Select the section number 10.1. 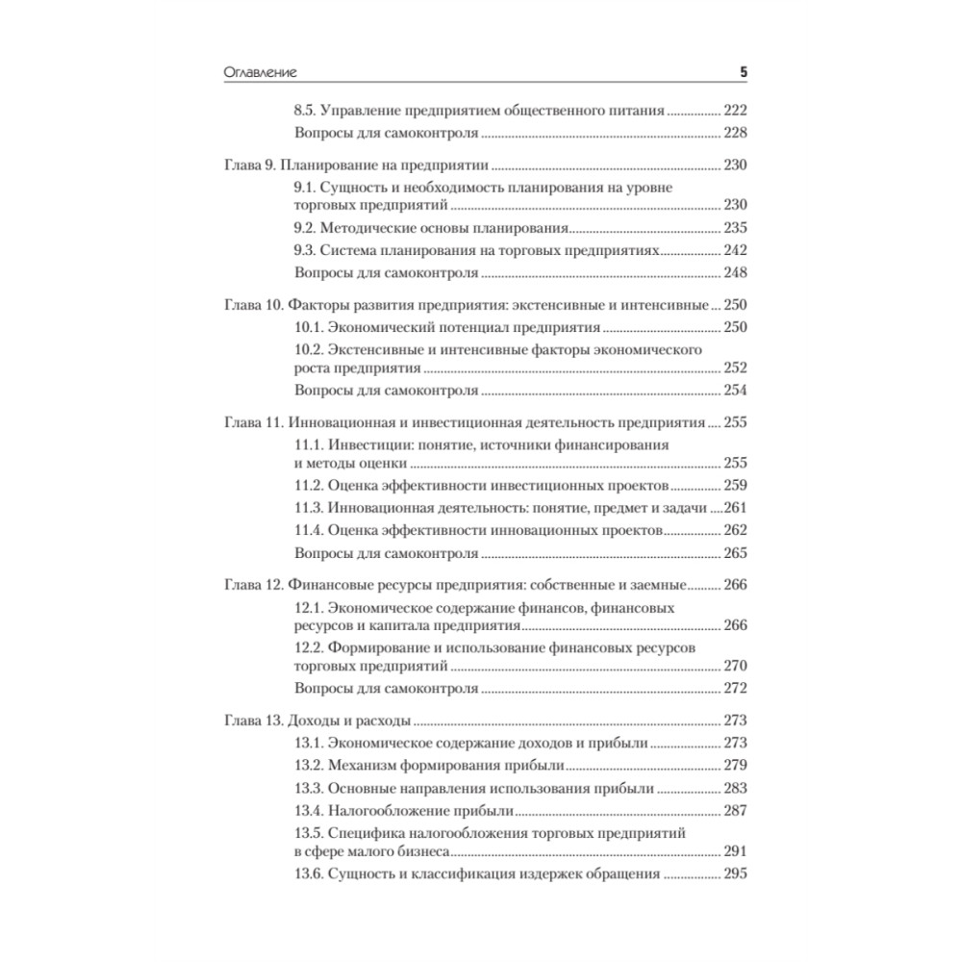(x=309, y=328)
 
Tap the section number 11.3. (x=309, y=508)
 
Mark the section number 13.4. (x=309, y=810)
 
